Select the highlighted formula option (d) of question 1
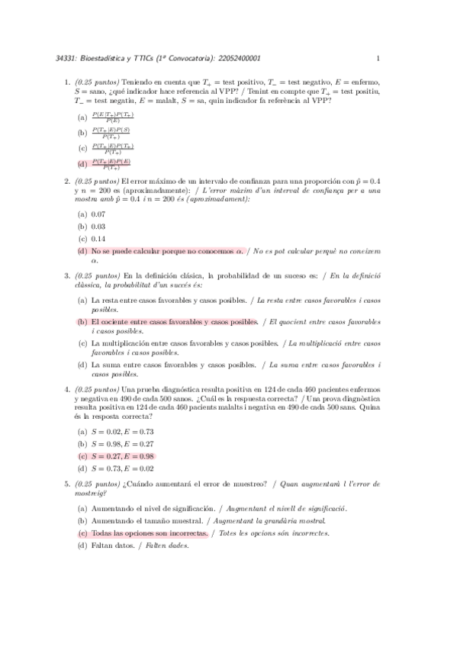point(111,163)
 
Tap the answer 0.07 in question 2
point(98,216)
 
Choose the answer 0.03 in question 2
point(98,227)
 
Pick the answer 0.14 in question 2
point(98,238)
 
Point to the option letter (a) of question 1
point(82,117)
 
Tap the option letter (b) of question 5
point(82,521)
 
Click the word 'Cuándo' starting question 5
point(140,484)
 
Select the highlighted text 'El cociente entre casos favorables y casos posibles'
point(174,323)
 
